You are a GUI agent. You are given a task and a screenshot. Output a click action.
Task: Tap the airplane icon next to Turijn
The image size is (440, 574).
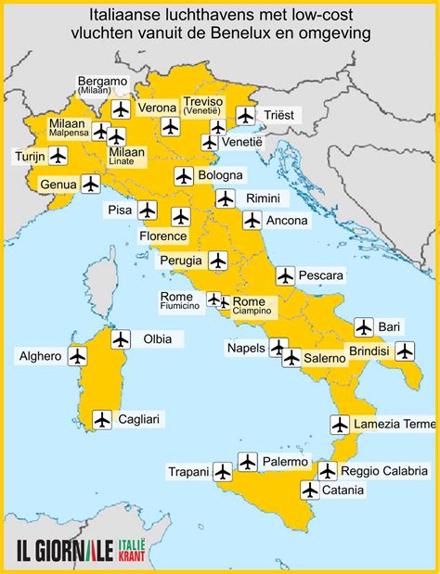click(58, 156)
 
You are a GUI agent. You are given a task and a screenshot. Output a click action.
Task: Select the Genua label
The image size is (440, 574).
click(58, 185)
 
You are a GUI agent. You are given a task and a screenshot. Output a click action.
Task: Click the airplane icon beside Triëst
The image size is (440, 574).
click(245, 115)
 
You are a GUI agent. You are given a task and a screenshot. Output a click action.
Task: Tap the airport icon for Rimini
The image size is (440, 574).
click(225, 198)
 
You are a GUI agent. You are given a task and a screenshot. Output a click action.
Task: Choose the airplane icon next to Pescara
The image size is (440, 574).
click(285, 275)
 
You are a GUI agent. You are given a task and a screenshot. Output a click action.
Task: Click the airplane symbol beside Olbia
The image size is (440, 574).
click(120, 339)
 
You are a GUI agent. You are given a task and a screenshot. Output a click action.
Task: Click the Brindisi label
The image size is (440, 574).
click(369, 351)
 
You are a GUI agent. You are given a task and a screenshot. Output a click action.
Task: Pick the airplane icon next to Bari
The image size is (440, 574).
click(363, 326)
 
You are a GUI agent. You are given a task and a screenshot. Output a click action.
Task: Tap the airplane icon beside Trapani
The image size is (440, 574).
click(222, 472)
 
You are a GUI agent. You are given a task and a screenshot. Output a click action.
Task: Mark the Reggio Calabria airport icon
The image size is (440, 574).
click(327, 470)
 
